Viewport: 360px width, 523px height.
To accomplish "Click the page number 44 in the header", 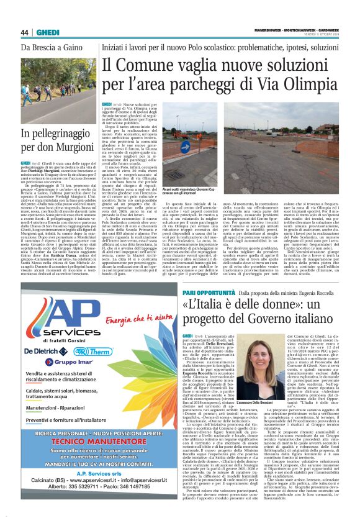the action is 25,33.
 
